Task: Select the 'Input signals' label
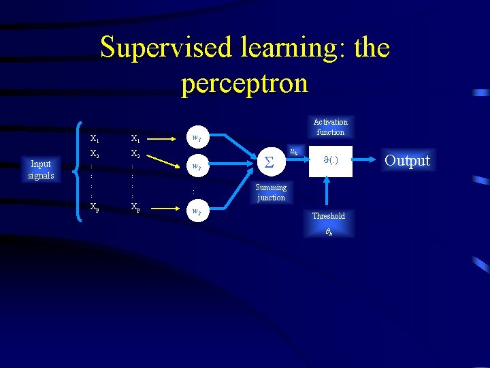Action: tap(41, 170)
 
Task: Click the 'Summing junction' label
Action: tap(271, 192)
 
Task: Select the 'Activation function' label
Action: tap(330, 127)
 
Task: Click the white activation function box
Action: tap(330, 162)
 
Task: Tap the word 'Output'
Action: tap(407, 161)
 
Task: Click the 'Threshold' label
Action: tap(329, 216)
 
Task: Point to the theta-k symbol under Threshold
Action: tap(329, 232)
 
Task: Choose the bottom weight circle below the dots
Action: tap(197, 212)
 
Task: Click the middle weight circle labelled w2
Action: tap(197, 166)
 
